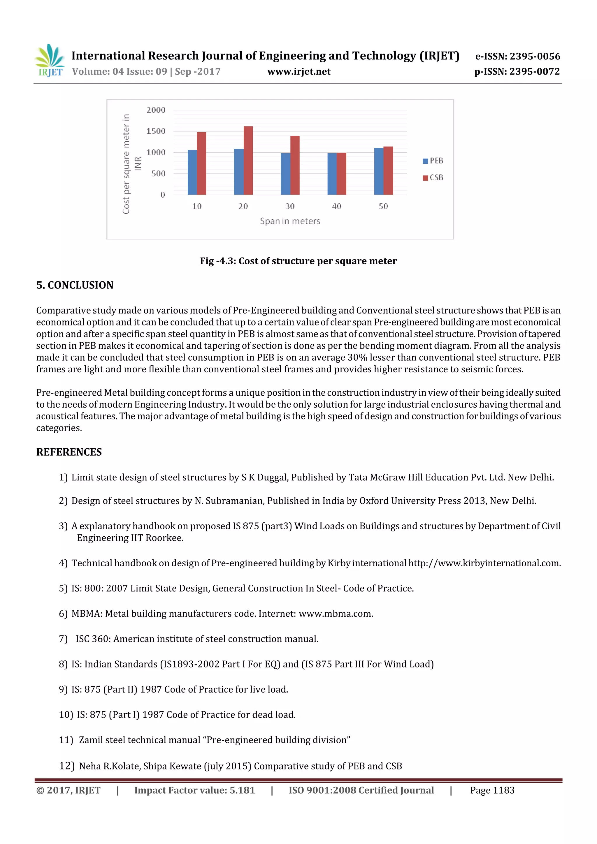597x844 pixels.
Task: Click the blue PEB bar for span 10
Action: pyautogui.click(x=192, y=172)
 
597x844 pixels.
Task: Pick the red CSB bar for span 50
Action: pyautogui.click(x=388, y=170)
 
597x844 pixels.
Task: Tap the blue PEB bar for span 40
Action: pyautogui.click(x=332, y=174)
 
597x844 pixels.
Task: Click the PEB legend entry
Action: pyautogui.click(x=433, y=161)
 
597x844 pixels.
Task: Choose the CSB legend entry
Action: pyautogui.click(x=433, y=177)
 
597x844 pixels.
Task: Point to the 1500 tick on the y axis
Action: pyautogui.click(x=156, y=131)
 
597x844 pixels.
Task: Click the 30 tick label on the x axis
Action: pyautogui.click(x=290, y=206)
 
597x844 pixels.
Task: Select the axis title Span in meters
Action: pyautogui.click(x=290, y=221)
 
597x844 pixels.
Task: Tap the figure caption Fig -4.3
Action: pyautogui.click(x=298, y=261)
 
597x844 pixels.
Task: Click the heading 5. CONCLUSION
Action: pyautogui.click(x=75, y=285)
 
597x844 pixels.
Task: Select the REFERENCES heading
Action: pyautogui.click(x=69, y=452)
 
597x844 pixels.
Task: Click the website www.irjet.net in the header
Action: pyautogui.click(x=299, y=72)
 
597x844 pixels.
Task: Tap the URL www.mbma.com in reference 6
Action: pyautogui.click(x=336, y=614)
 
